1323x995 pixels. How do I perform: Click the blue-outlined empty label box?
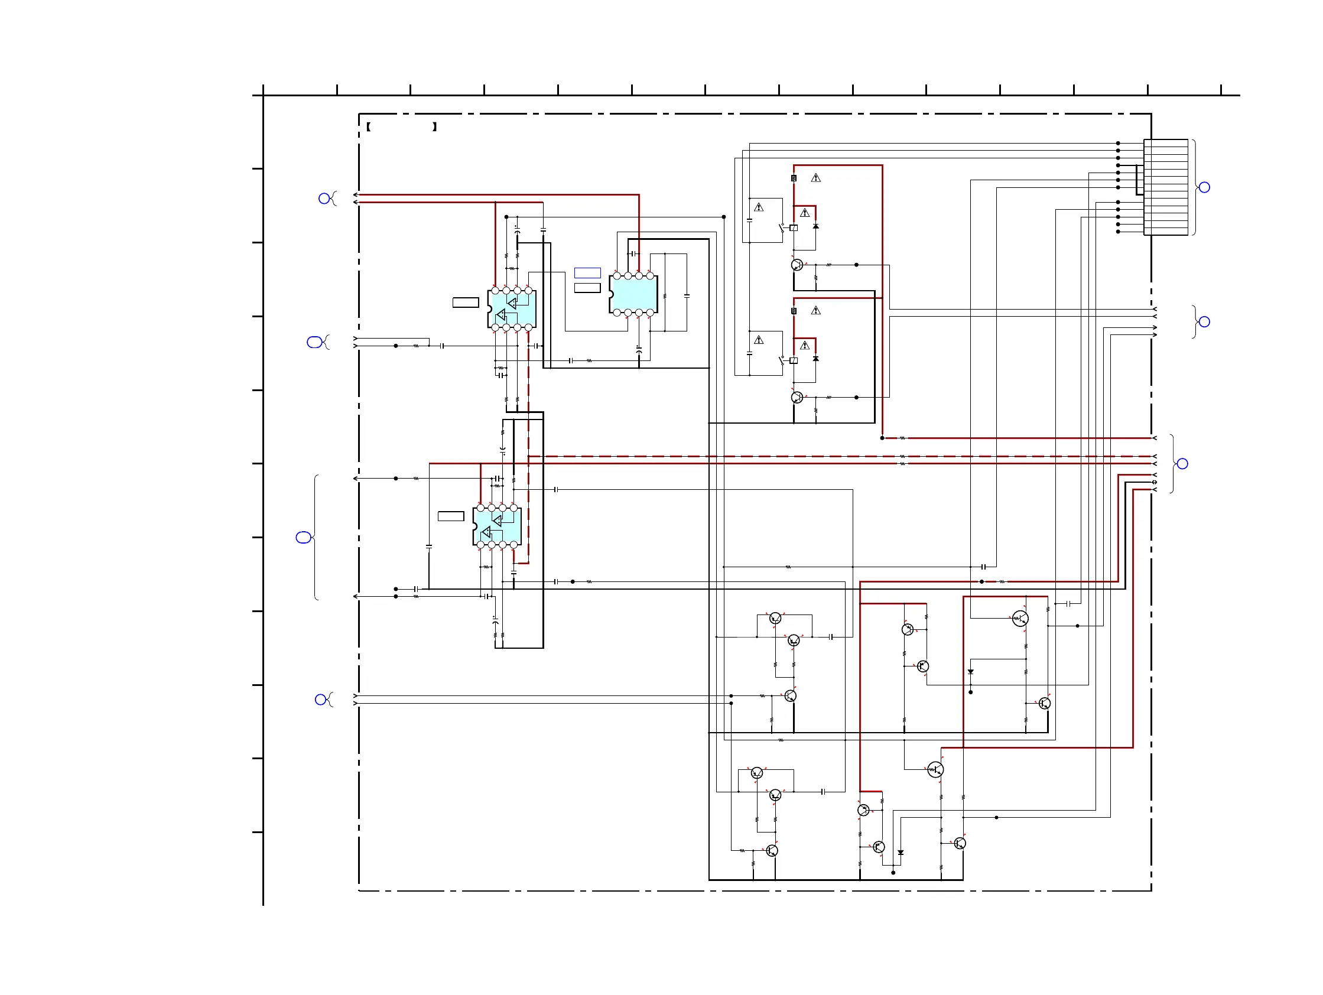click(587, 272)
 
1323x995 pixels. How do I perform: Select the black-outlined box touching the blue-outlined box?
click(587, 288)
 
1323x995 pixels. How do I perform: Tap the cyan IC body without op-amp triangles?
click(634, 294)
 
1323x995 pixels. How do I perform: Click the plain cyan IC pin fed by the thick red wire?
click(639, 276)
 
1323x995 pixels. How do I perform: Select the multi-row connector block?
click(1165, 187)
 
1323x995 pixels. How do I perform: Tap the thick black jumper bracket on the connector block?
click(1139, 180)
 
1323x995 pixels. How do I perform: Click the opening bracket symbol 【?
click(369, 127)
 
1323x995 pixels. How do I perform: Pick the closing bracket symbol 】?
click(435, 127)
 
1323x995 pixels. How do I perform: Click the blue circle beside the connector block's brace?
click(1205, 187)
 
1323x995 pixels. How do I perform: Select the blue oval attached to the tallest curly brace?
click(303, 538)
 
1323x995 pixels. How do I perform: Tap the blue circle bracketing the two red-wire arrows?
click(324, 199)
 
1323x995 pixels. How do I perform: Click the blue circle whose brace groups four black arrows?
click(1205, 321)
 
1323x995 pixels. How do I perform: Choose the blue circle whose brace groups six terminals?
click(1182, 463)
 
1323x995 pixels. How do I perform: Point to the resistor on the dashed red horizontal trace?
click(902, 456)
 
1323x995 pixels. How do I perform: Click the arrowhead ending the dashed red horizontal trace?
click(1155, 456)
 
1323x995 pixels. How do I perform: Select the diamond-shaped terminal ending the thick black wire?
click(1155, 482)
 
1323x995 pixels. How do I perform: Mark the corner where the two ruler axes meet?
click(263, 95)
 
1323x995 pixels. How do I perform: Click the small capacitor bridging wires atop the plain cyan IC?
click(633, 253)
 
